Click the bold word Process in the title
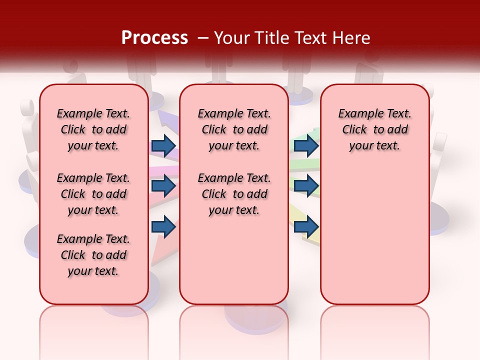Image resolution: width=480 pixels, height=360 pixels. [154, 38]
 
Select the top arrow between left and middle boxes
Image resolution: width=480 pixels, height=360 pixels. [163, 146]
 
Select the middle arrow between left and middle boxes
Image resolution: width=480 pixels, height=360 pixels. [163, 186]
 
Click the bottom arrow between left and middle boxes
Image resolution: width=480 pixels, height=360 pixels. [163, 226]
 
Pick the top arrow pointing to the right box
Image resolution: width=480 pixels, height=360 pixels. [306, 146]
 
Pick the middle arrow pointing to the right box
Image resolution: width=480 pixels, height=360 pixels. [306, 186]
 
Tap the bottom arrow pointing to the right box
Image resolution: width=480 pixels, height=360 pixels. [306, 226]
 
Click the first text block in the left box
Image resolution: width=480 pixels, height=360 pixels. [93, 129]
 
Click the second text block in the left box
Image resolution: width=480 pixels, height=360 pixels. [93, 194]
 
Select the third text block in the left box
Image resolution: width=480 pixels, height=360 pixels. [93, 255]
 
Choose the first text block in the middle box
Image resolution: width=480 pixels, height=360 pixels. [234, 129]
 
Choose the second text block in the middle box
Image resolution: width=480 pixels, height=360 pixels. [234, 194]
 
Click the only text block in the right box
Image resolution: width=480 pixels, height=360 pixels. [374, 129]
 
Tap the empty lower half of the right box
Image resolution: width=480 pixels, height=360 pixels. [374, 235]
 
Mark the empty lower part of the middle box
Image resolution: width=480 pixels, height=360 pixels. [234, 260]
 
